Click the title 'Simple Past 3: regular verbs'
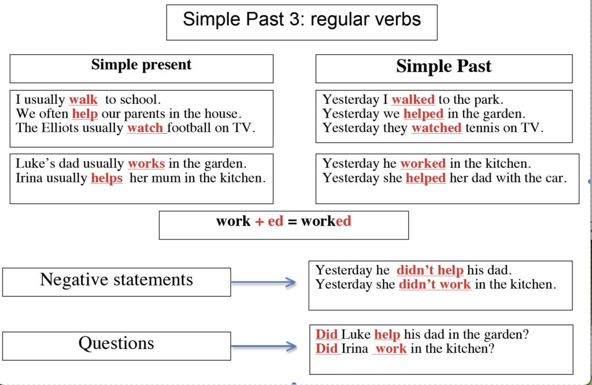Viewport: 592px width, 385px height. (302, 19)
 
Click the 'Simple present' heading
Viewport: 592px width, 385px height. (141, 65)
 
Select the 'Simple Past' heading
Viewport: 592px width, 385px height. (443, 66)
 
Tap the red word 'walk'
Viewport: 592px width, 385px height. (83, 99)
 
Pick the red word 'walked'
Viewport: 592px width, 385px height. (413, 99)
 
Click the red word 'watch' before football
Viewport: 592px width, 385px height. (145, 128)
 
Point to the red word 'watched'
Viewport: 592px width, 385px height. (436, 128)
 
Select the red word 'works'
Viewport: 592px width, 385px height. (146, 164)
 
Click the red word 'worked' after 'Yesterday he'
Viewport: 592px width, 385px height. (423, 164)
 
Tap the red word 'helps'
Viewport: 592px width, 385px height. (107, 178)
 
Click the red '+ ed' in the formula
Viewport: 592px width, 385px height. (269, 221)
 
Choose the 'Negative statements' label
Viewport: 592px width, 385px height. (116, 280)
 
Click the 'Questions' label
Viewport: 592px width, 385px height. (116, 343)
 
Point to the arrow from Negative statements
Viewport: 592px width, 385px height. (264, 282)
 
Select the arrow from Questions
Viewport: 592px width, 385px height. (264, 346)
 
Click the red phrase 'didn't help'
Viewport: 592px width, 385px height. (430, 270)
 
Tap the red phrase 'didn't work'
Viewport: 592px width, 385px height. (435, 285)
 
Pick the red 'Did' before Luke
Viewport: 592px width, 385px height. (327, 334)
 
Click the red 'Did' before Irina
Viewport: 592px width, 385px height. (327, 349)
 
